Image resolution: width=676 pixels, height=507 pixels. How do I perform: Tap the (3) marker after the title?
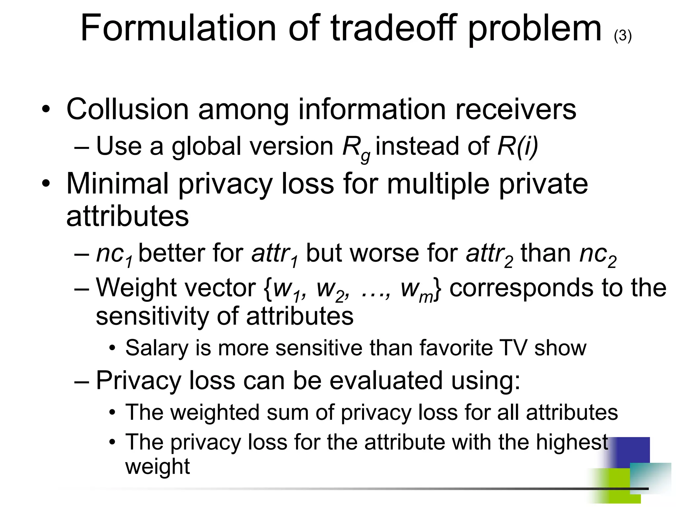623,36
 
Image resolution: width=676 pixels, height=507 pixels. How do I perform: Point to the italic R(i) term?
518,146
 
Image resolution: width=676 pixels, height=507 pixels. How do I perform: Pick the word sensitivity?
152,316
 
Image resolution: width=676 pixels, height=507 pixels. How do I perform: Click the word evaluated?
386,380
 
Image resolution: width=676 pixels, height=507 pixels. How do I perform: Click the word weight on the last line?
157,466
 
